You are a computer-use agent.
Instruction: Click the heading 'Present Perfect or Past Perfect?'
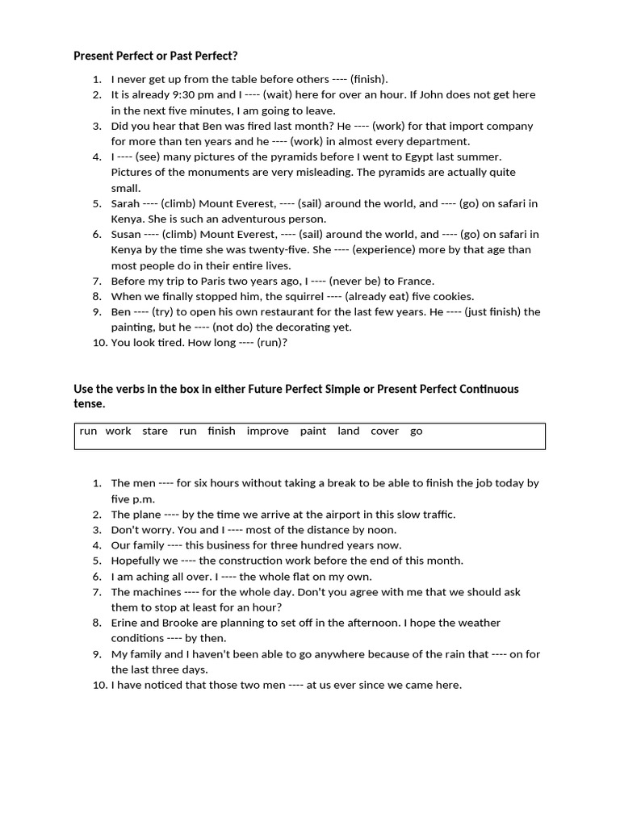click(156, 56)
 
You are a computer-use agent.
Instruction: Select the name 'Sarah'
click(125, 203)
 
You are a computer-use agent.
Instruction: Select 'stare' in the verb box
click(155, 431)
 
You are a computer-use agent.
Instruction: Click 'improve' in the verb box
click(267, 431)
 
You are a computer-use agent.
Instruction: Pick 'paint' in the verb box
click(313, 431)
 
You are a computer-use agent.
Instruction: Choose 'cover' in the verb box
click(384, 431)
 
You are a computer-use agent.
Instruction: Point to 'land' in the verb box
click(349, 431)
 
